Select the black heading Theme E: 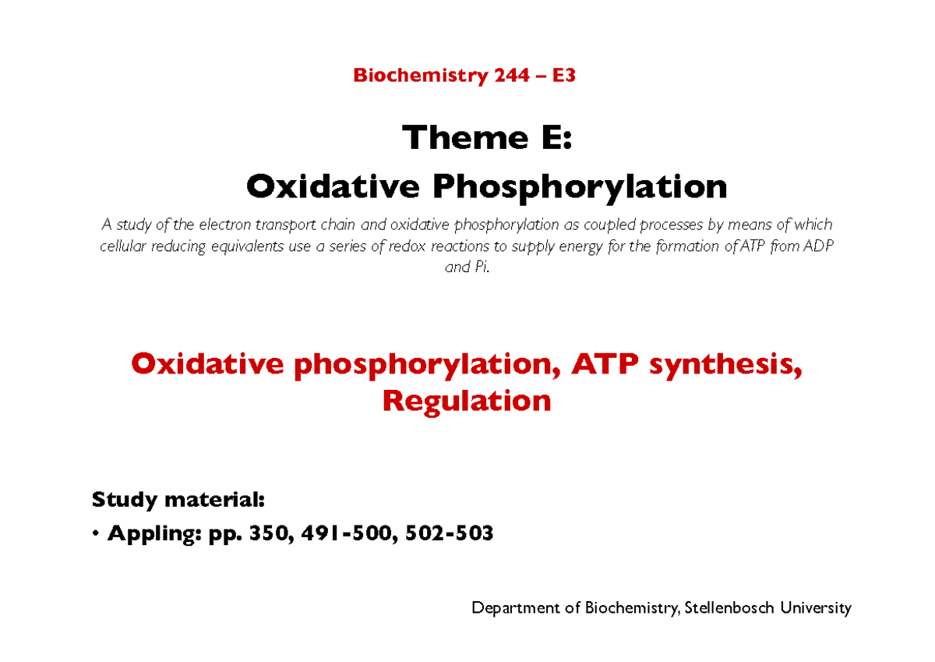click(487, 139)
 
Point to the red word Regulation click(466, 401)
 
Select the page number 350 click(261, 534)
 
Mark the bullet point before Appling click(95, 535)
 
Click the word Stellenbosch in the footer click(729, 608)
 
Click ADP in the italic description click(819, 246)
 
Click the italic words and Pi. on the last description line click(467, 267)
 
